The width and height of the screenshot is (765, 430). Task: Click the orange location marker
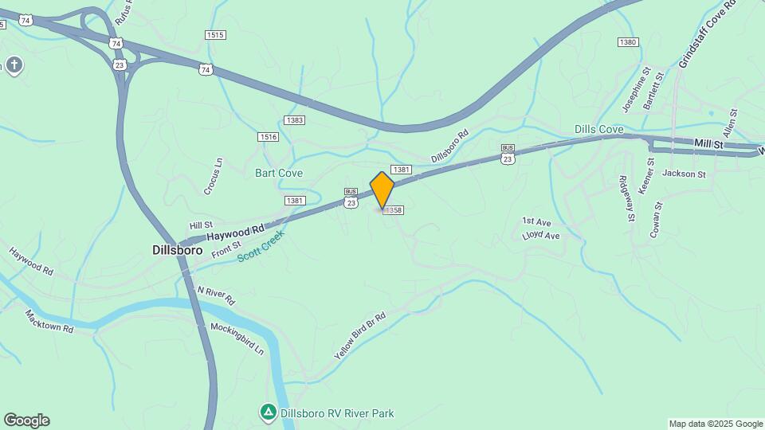tap(382, 190)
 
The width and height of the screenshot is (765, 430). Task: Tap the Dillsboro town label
tap(176, 249)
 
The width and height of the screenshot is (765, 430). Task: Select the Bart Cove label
tap(279, 173)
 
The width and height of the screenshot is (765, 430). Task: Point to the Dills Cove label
tap(598, 129)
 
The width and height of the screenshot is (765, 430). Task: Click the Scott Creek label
tap(260, 248)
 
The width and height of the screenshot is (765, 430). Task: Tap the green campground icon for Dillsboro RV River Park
tap(269, 412)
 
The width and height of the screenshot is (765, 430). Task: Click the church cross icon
tap(14, 64)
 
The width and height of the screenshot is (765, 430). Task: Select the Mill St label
tap(708, 144)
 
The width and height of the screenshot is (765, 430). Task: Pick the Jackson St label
tap(684, 174)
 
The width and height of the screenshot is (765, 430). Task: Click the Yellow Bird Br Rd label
tap(360, 336)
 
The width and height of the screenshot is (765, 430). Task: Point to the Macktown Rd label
tap(49, 321)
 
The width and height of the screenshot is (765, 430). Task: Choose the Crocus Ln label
tap(213, 176)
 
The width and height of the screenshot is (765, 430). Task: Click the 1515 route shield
tap(215, 35)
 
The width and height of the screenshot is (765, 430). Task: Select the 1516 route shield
tap(269, 137)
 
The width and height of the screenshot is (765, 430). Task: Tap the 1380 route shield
tap(628, 42)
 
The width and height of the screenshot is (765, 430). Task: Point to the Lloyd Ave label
tap(540, 236)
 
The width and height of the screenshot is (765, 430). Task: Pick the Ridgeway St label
tap(627, 198)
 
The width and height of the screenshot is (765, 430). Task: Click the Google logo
tap(26, 420)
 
